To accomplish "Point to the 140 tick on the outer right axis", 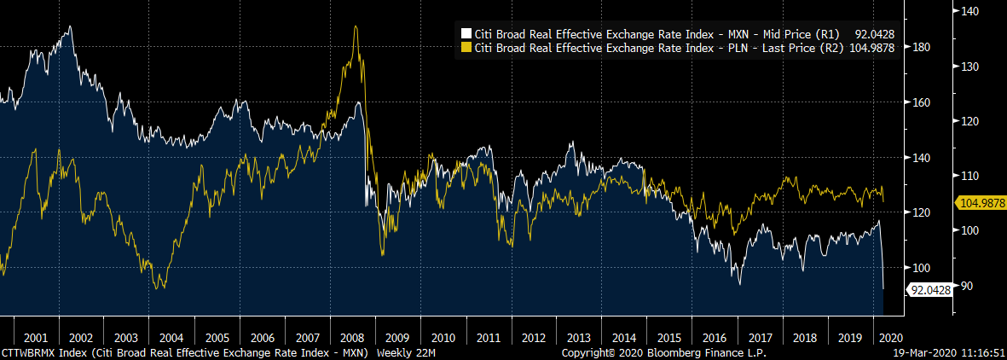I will click(967, 11).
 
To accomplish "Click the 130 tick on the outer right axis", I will click(967, 66).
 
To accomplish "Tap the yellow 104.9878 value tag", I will click(980, 203).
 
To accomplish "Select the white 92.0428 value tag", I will click(930, 290).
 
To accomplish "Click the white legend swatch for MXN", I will click(466, 34).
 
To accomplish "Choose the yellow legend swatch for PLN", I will click(466, 48).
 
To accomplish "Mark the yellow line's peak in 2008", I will click(355, 27).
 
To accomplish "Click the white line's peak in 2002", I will click(69, 26).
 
